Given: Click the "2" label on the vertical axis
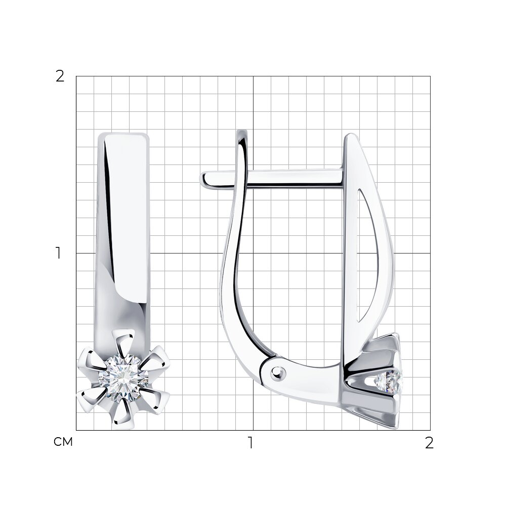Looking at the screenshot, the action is pos(60,76).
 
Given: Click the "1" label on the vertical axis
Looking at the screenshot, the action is pos(58,253).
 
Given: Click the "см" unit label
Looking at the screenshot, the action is pos(63,442).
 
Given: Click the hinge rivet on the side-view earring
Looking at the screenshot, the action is pos(278,373).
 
